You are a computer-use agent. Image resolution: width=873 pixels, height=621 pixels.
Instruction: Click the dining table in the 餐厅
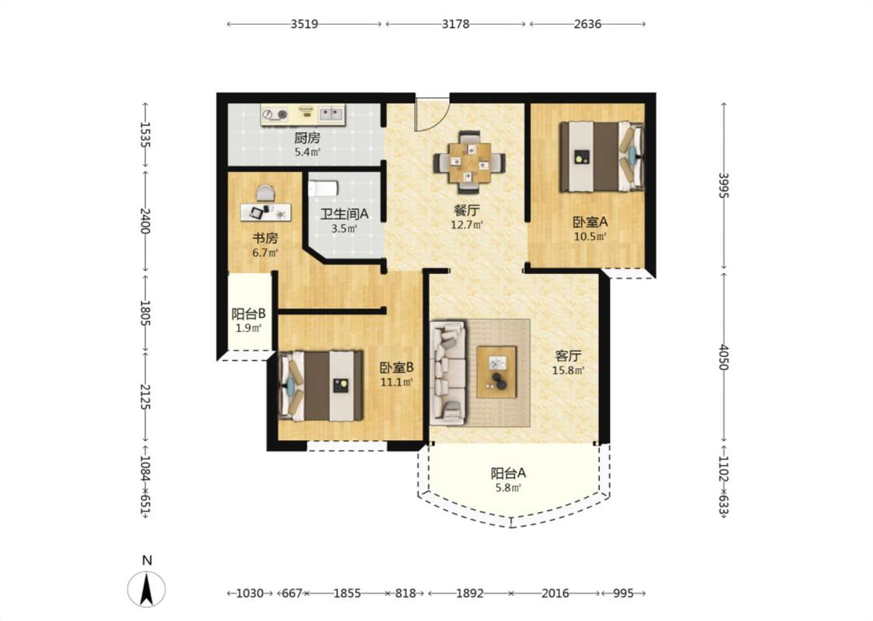coord(469,163)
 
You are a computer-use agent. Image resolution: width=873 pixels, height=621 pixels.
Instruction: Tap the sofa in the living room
coord(449,373)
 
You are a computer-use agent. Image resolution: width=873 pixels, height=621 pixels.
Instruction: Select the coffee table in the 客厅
coord(497,372)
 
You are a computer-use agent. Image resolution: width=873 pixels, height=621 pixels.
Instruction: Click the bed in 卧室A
coord(602,157)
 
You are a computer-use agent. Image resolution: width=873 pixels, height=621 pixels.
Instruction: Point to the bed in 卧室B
coord(320,386)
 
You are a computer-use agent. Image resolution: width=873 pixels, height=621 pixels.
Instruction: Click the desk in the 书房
coord(265,212)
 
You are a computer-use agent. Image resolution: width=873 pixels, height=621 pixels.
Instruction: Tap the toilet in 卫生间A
coord(324,187)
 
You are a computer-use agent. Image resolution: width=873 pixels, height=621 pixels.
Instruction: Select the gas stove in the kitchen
coord(276,115)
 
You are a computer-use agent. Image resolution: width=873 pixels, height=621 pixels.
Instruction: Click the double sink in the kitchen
coord(330,114)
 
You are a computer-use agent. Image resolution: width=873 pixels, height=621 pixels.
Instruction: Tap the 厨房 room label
coord(307,137)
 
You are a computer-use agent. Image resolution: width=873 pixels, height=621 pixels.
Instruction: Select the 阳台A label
coord(508,474)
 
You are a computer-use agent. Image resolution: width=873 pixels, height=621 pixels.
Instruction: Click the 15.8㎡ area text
coord(568,370)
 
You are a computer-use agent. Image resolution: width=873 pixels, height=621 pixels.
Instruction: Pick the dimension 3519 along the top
coord(304,24)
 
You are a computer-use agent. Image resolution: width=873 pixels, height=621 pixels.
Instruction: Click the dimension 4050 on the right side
coord(723,357)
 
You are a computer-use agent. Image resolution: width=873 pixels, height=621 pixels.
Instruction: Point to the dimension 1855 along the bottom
coord(347,593)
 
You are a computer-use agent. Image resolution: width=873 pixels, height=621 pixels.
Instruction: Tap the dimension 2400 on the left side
coord(145,221)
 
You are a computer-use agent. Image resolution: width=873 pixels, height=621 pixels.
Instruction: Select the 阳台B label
coord(248,314)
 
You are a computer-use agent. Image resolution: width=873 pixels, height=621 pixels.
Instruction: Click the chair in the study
coord(265,193)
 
